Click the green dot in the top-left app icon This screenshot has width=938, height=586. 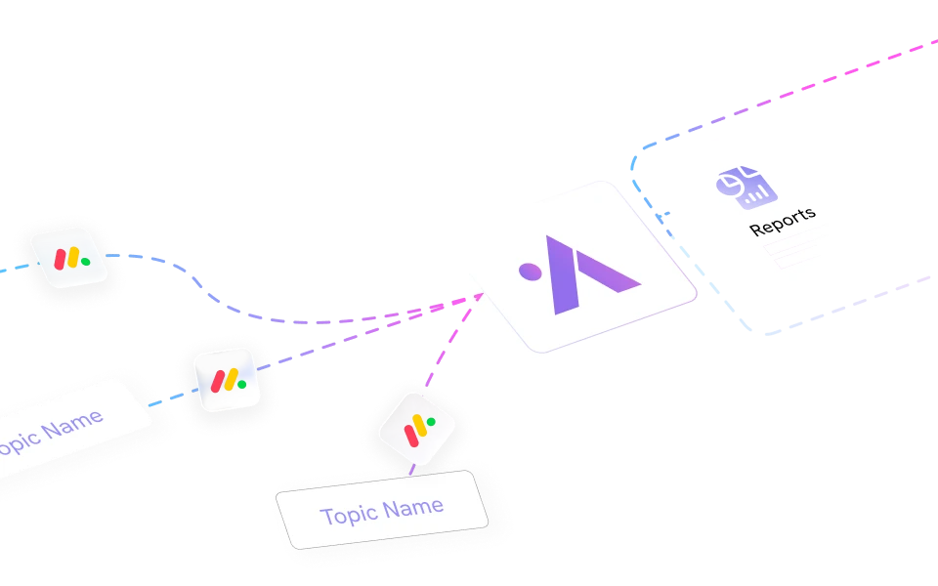[85, 262]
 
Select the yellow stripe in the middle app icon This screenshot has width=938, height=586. [228, 380]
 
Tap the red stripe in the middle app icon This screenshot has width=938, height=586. [216, 379]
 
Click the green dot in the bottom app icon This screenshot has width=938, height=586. [431, 422]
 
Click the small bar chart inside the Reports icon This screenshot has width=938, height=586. [753, 195]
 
